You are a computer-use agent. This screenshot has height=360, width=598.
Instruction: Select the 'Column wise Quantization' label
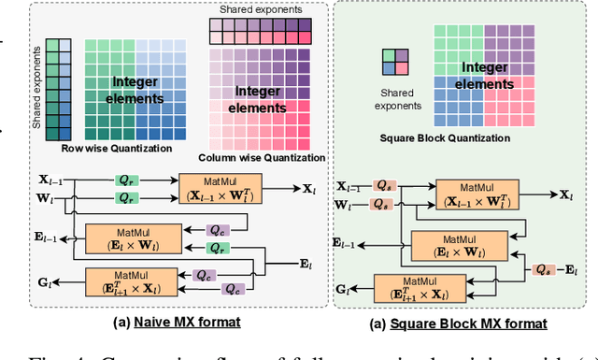(262, 157)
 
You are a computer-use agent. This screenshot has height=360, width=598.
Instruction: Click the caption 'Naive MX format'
(175, 323)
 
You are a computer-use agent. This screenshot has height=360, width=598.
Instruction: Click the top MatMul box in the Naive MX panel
(224, 188)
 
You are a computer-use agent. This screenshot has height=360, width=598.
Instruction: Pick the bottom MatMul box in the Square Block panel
(421, 289)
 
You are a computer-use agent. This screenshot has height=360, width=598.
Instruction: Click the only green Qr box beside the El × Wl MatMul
(217, 249)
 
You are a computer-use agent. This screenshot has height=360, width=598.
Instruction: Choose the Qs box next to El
(542, 269)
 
